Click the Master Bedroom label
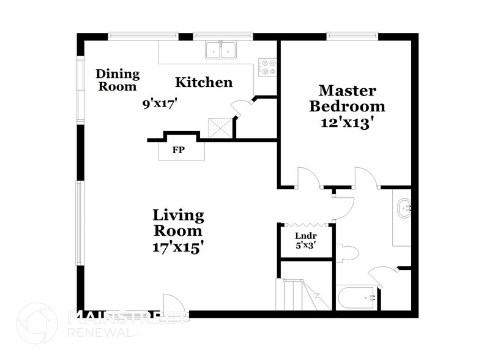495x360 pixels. (x=347, y=99)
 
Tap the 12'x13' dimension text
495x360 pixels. (x=347, y=122)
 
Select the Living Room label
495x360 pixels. (x=177, y=223)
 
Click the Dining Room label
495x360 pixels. (x=117, y=80)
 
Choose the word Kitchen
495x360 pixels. (x=204, y=82)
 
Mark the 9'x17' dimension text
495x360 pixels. (x=160, y=103)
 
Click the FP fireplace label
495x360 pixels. (x=179, y=149)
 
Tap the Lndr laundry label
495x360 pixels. (x=305, y=235)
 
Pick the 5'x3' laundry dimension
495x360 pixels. (x=305, y=246)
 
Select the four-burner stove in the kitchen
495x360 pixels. (x=267, y=67)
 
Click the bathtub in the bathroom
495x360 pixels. (x=357, y=298)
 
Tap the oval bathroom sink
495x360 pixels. (x=404, y=209)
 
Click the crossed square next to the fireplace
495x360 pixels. (x=220, y=127)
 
